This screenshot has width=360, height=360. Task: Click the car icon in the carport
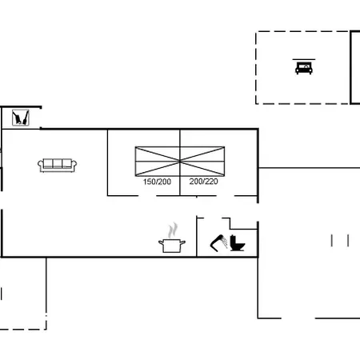point(304,68)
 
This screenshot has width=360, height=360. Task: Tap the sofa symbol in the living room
point(57,166)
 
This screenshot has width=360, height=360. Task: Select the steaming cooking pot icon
point(172,238)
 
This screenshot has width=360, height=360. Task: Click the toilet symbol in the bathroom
point(237,243)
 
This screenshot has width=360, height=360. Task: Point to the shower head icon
point(218,243)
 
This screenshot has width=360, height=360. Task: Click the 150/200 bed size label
point(157,182)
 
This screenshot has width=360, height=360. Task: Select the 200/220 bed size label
point(204,182)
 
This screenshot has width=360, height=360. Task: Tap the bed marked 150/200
point(158,162)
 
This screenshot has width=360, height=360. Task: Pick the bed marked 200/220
point(202,162)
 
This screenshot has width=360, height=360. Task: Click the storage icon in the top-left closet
point(21,118)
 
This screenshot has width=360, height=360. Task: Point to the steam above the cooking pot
point(173,230)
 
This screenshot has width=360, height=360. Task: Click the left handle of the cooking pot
point(161,242)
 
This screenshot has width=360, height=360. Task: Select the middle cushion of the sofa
point(57,163)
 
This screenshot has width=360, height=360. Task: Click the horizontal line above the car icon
point(304,59)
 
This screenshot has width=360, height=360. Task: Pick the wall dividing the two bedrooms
point(180,162)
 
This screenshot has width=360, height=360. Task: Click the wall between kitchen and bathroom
point(197,237)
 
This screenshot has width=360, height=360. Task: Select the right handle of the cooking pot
point(183,242)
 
